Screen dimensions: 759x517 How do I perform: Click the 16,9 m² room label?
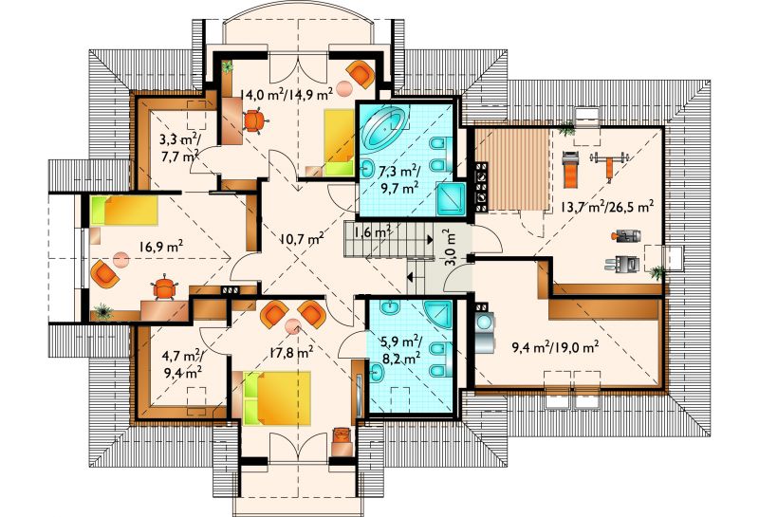(161, 247)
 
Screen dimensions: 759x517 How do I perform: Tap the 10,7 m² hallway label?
(302, 238)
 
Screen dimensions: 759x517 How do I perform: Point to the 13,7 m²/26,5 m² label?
(607, 207)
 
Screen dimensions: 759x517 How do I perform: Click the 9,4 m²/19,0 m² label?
(556, 346)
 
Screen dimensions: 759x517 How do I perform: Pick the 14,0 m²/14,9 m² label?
(287, 95)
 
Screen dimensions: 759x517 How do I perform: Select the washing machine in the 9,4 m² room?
(484, 332)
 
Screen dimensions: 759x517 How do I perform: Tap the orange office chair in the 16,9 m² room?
(164, 287)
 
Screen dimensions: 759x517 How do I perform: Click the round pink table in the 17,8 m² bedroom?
(292, 326)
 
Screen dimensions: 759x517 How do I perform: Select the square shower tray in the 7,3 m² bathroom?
(452, 198)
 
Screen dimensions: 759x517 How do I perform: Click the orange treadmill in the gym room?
(570, 170)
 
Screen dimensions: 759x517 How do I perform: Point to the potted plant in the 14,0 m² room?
(227, 67)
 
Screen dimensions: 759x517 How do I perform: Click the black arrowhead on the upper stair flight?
(431, 239)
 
